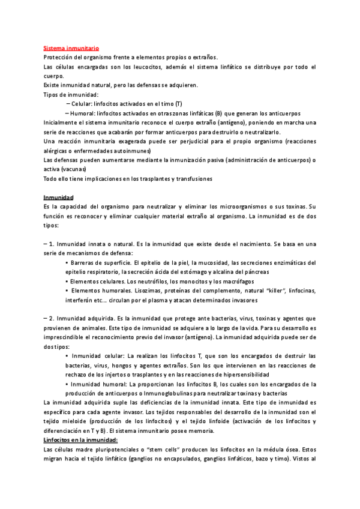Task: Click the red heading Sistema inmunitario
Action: (x=71, y=47)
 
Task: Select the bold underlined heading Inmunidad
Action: (x=59, y=197)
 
